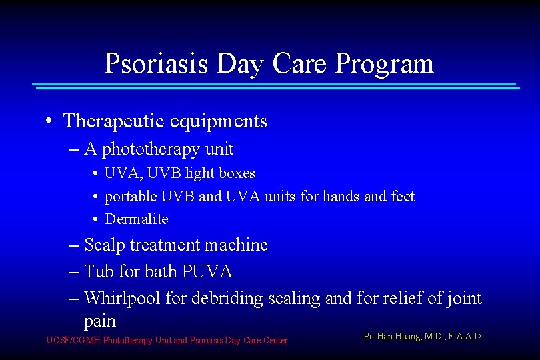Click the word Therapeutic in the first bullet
[x=113, y=121]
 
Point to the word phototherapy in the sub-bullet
[x=149, y=149]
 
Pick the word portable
[x=130, y=197]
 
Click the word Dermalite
[x=137, y=219]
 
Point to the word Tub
[x=99, y=272]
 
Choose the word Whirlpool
[x=124, y=298]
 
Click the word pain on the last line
[x=100, y=321]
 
